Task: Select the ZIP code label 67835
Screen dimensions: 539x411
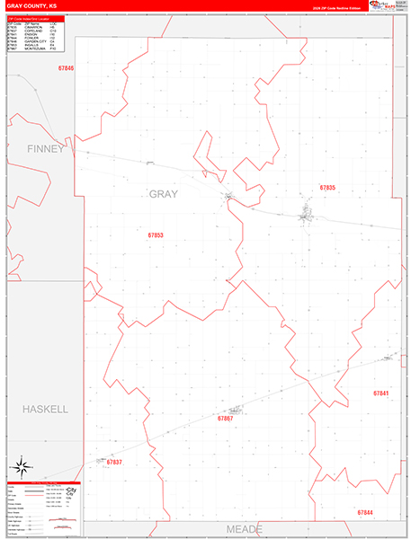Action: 327,188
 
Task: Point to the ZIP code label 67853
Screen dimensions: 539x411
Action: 156,235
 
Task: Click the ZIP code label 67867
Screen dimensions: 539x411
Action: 225,419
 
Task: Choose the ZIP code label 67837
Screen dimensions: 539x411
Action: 113,462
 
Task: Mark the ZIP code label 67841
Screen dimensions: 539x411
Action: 380,393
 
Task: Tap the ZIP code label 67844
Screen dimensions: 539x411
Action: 364,512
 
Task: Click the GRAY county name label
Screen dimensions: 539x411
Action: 163,194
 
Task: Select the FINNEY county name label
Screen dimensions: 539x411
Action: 46,148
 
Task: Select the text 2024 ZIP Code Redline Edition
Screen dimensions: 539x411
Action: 335,7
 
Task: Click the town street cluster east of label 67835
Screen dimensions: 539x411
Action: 307,215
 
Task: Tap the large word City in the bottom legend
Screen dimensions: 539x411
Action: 71,492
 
